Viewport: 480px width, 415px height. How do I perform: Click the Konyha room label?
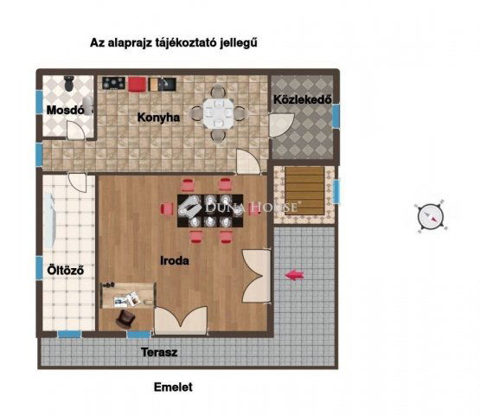[158, 118]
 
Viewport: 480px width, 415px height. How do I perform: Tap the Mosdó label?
[65, 110]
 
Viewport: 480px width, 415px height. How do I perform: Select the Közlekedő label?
[303, 99]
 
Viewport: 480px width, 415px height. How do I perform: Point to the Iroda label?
[175, 261]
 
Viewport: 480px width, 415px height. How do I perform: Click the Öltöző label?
[66, 271]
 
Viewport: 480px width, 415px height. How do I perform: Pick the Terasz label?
[159, 352]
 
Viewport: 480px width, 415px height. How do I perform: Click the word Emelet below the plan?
[173, 387]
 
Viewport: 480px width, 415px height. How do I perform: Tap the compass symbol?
[431, 216]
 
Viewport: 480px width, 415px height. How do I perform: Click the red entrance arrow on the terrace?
[295, 275]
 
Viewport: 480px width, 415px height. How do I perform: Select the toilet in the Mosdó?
[69, 83]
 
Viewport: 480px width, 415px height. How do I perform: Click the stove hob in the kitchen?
[113, 83]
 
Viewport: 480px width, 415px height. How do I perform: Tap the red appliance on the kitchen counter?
[137, 84]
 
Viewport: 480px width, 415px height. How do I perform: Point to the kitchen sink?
[163, 84]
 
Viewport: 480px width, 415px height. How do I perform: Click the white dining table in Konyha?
[218, 113]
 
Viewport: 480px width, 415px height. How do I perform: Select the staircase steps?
[304, 191]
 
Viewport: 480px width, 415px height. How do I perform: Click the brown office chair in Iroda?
[125, 318]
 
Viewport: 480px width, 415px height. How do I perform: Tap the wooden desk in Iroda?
[127, 296]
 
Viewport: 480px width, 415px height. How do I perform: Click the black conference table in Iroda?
[210, 211]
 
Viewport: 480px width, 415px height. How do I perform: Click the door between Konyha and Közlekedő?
[282, 125]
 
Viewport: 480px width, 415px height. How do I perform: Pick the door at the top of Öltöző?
[77, 182]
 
